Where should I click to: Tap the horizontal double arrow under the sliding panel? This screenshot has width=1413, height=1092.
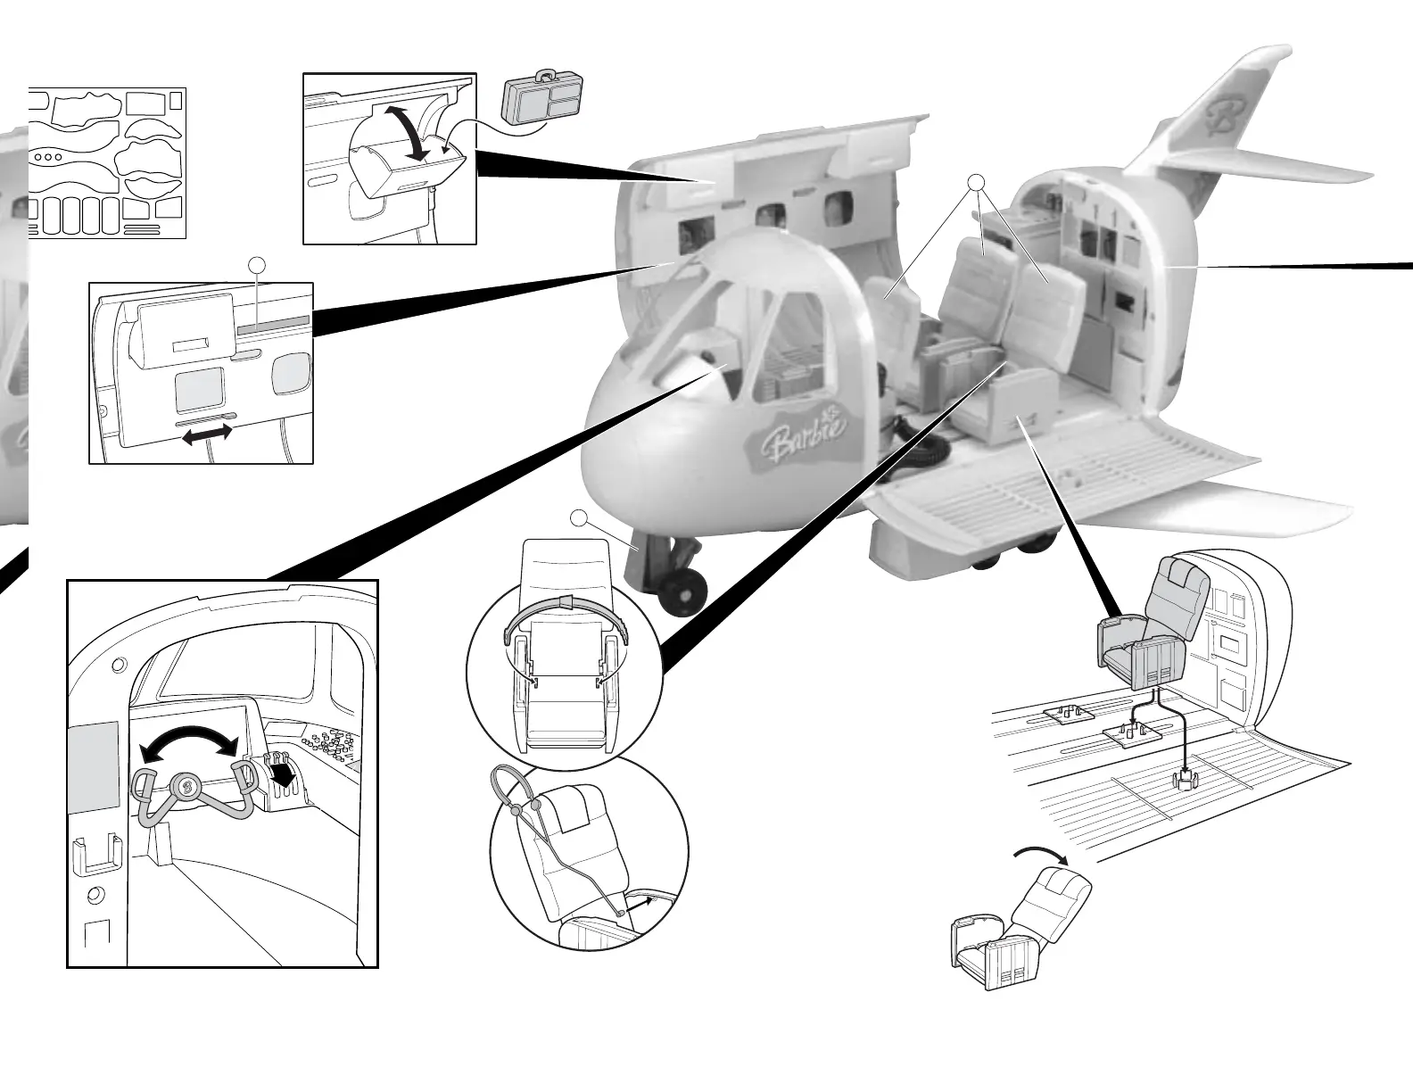point(207,434)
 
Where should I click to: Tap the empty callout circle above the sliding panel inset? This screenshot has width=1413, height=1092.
point(257,265)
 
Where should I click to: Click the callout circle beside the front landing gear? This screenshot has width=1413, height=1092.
point(579,517)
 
